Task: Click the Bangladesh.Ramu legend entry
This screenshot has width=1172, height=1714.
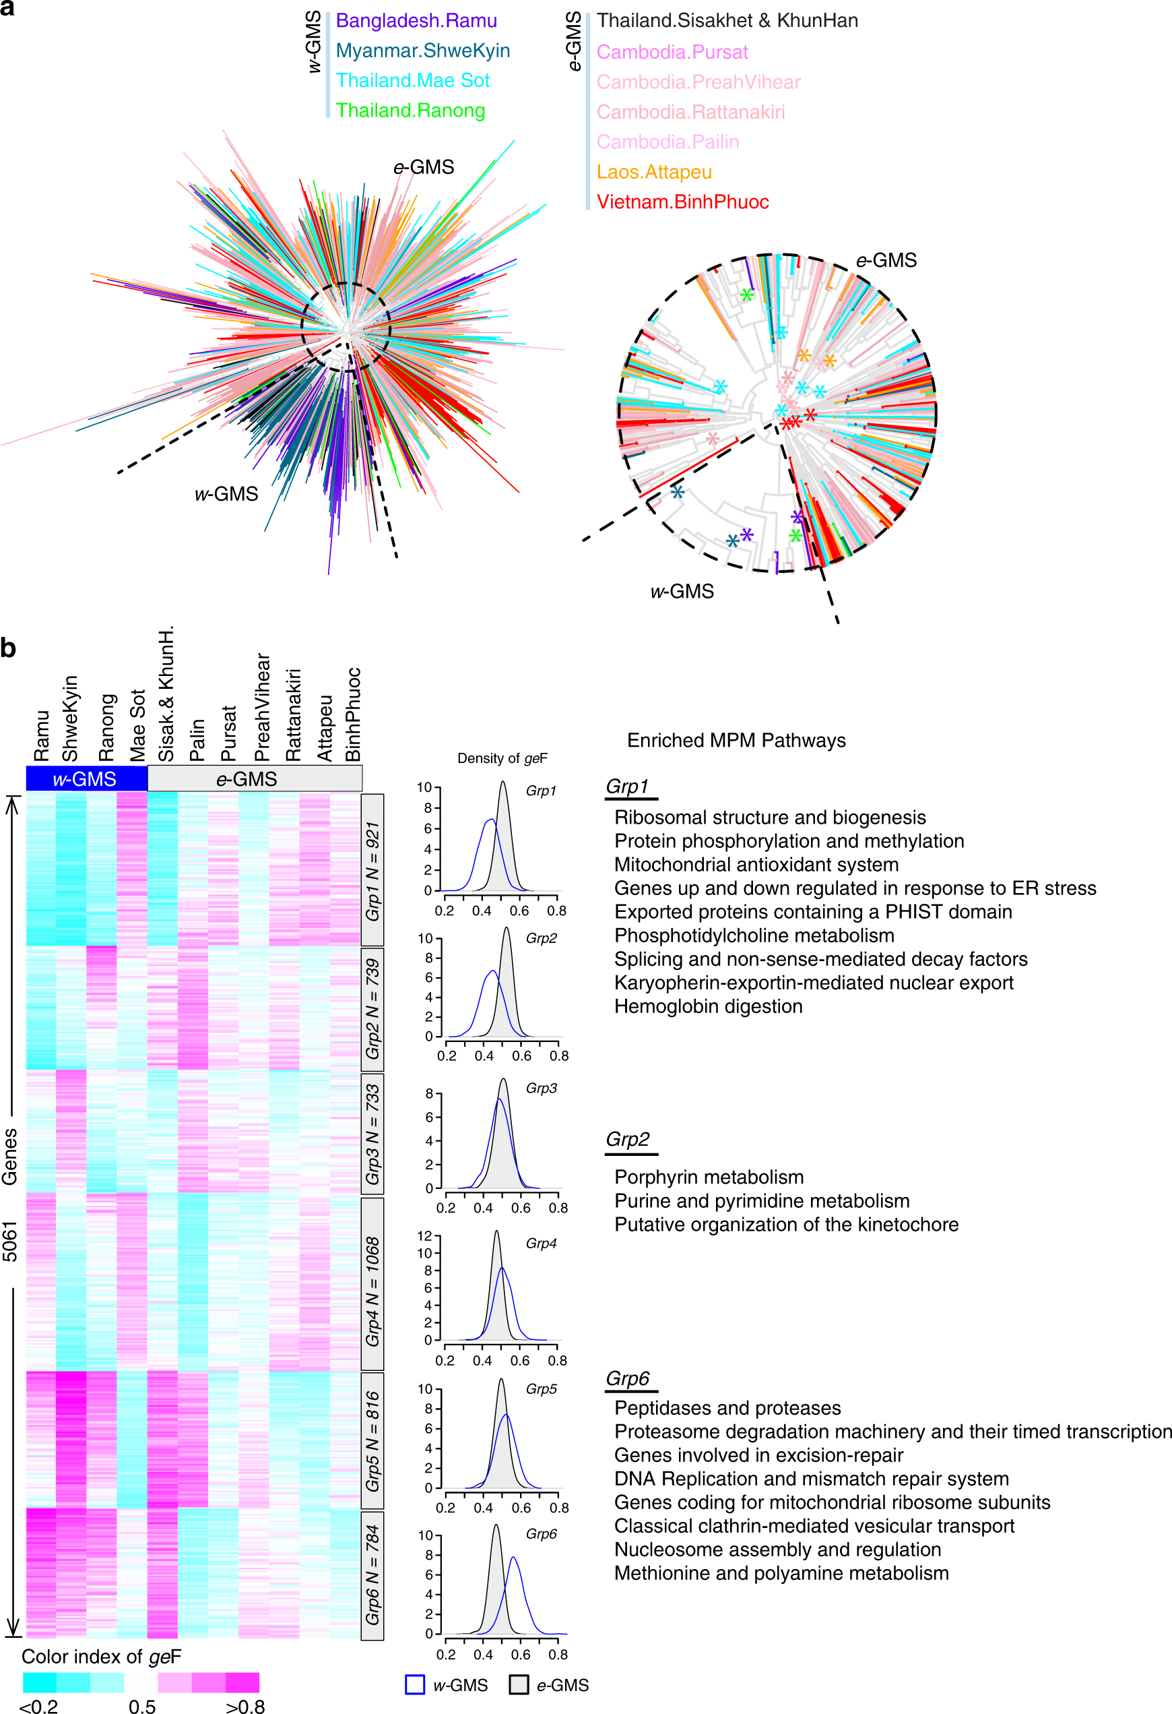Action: [x=416, y=21]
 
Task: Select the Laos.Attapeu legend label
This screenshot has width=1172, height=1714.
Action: [x=654, y=172]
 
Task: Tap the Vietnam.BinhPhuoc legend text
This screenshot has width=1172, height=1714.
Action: [x=682, y=202]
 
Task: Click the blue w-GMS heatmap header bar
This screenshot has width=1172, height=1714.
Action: [x=86, y=779]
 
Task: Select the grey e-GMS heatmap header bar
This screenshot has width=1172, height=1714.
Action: [x=255, y=779]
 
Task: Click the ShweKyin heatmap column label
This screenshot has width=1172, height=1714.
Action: [x=70, y=718]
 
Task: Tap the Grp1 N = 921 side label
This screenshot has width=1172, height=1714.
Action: [x=373, y=870]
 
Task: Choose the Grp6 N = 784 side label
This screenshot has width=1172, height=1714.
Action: [x=373, y=1574]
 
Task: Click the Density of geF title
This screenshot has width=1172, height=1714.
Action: [x=502, y=758]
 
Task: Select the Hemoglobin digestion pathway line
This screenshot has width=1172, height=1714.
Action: [x=708, y=1007]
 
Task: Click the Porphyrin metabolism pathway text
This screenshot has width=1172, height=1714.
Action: [x=709, y=1177]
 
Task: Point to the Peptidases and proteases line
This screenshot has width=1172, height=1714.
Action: [x=727, y=1408]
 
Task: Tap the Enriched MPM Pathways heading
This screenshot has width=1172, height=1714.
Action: [x=736, y=741]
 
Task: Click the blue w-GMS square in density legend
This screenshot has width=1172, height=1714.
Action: [x=415, y=1684]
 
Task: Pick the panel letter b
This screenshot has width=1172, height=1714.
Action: [x=8, y=648]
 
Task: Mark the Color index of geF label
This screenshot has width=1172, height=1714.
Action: [x=101, y=1657]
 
